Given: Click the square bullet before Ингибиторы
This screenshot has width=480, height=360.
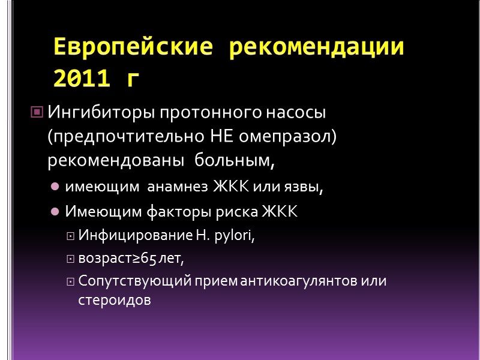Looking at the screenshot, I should [x=36, y=112].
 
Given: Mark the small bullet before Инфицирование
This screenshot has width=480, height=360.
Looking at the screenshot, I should [x=71, y=237].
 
